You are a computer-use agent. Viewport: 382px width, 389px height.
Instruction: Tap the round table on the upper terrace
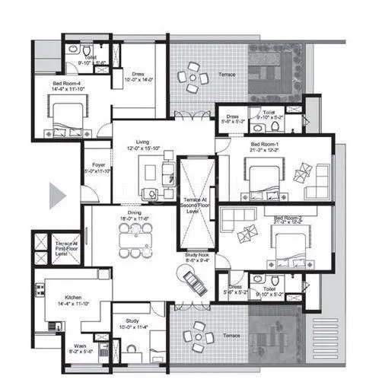click(x=193, y=77)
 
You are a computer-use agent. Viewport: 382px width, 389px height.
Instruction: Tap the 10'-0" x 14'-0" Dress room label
click(x=138, y=75)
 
